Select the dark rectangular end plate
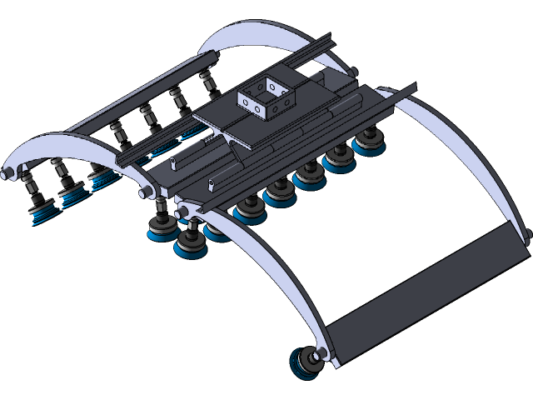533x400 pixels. point(425,292)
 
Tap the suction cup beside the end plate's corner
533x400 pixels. point(305,363)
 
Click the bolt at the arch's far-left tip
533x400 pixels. point(9,174)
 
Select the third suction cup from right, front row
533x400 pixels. point(310,176)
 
